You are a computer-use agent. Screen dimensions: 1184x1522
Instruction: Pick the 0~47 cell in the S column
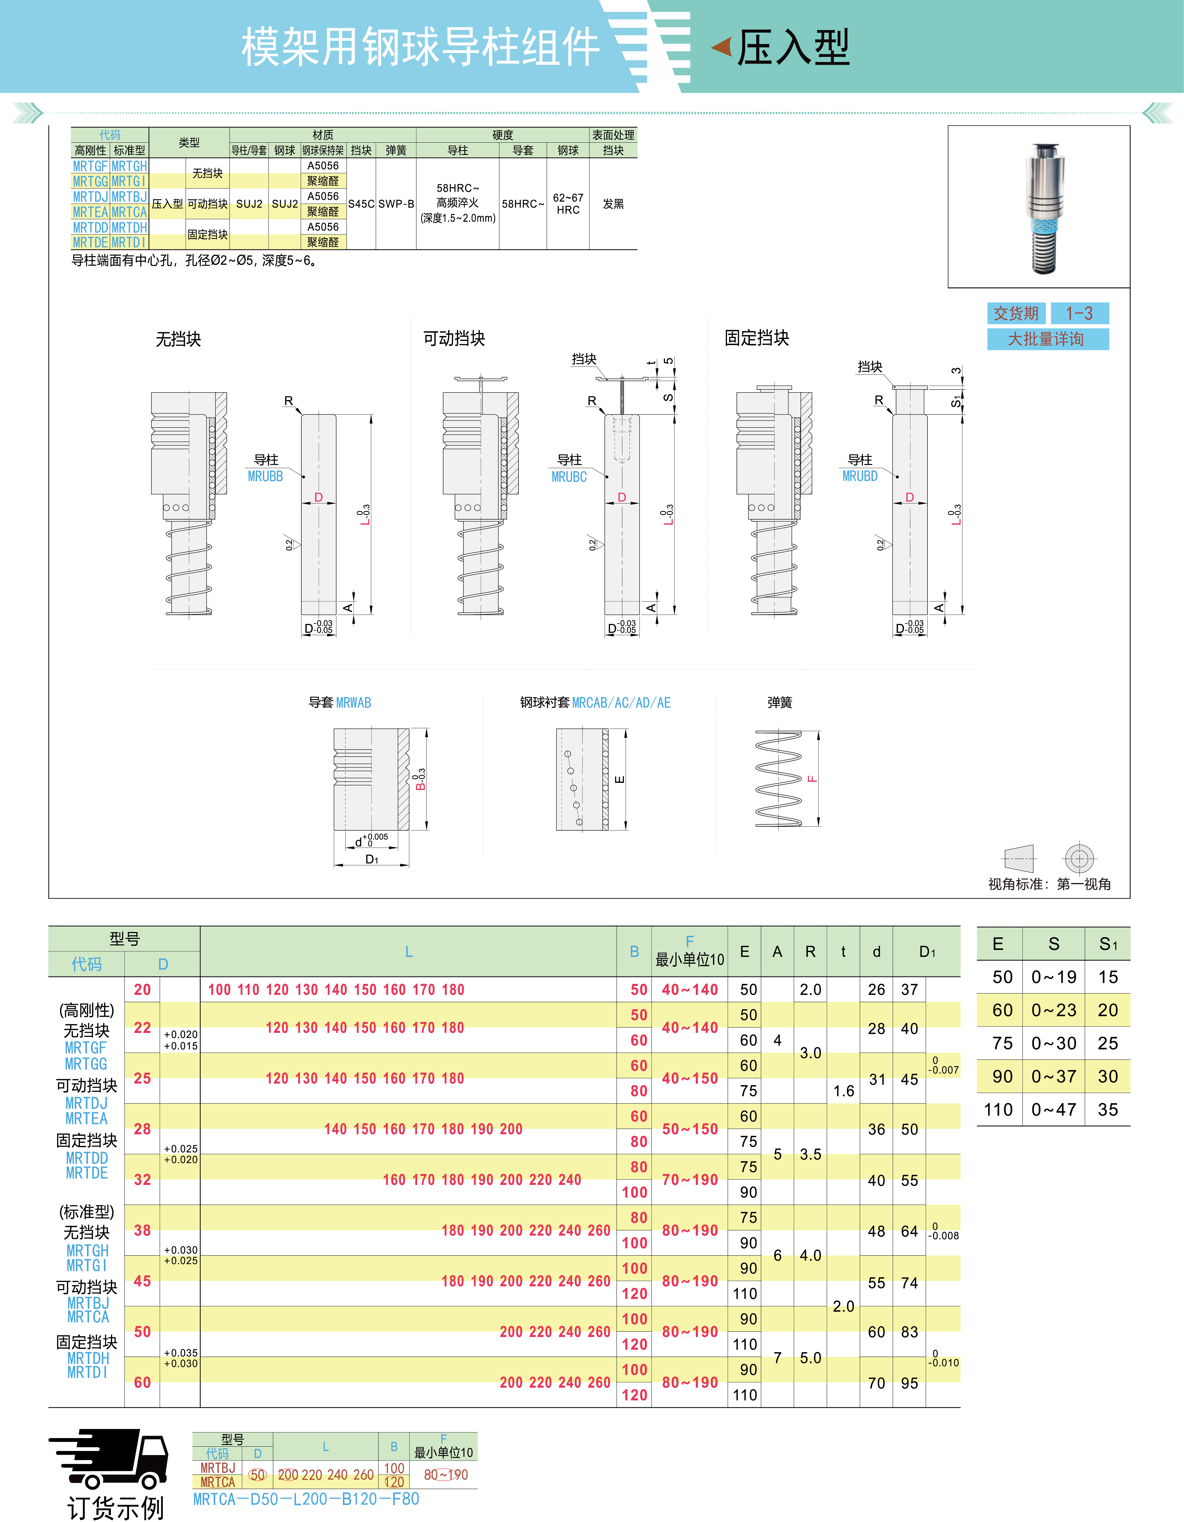1054,1110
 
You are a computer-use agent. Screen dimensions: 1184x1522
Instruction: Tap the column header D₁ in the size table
927,952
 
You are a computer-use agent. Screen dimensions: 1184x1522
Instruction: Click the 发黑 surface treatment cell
613,203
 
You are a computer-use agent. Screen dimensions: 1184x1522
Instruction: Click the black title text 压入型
794,47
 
